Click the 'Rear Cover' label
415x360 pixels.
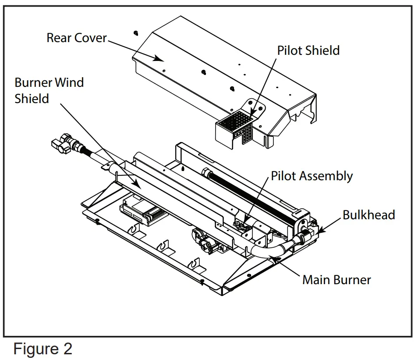coord(76,38)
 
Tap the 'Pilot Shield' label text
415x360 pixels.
coord(308,50)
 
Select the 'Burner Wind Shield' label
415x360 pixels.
coord(49,90)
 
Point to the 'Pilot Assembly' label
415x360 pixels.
coord(312,176)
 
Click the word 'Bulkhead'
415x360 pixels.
coord(369,215)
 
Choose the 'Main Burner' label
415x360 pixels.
coord(336,280)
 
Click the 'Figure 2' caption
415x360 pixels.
coord(43,349)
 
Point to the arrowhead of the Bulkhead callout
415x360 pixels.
coord(321,229)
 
